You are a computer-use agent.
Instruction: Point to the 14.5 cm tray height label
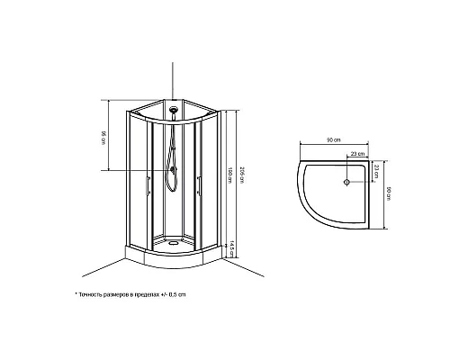(x=231, y=246)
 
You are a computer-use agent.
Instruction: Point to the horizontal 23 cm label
(x=356, y=155)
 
